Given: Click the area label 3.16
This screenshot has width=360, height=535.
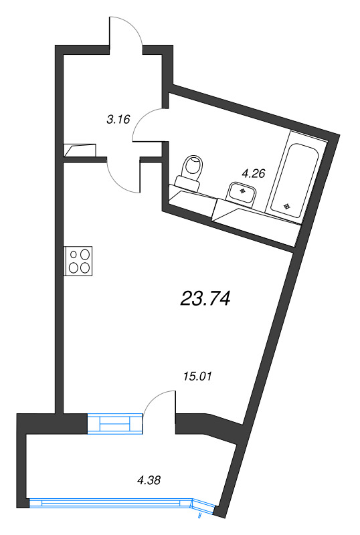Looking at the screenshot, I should click(x=118, y=121).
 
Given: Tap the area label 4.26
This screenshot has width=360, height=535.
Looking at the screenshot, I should click(x=254, y=174).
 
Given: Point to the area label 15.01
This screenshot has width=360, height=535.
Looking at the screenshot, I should click(x=197, y=376).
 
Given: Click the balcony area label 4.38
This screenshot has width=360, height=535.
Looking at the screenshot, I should click(x=149, y=479).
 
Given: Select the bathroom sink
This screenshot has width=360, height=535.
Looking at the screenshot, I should click(x=242, y=193).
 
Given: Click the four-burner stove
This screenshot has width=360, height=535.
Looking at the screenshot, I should click(x=79, y=261).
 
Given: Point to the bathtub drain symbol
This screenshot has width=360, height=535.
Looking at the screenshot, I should click(x=288, y=206).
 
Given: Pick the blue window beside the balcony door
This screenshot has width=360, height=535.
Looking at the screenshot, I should click(x=115, y=423).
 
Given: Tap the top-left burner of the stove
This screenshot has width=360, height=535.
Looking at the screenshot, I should click(x=73, y=255).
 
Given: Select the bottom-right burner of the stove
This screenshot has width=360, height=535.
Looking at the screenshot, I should click(x=85, y=267).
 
